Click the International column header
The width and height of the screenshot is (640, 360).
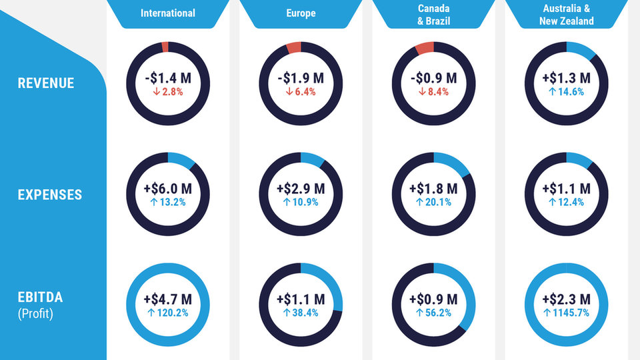pos(168,13)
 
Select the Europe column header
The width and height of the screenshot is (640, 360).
pos(301,13)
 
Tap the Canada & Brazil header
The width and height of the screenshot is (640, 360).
pos(433,14)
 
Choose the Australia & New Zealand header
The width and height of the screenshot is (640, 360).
pos(566,14)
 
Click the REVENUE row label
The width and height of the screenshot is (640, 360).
pos(46,83)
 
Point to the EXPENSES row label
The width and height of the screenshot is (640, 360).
pos(50,195)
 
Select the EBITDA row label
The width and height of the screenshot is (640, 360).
pos(41,297)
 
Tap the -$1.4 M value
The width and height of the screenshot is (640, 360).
pos(168,78)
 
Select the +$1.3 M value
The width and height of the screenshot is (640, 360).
pos(566,78)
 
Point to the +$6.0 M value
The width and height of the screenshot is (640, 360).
pos(168,189)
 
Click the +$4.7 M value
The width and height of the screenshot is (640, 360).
pos(168,299)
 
